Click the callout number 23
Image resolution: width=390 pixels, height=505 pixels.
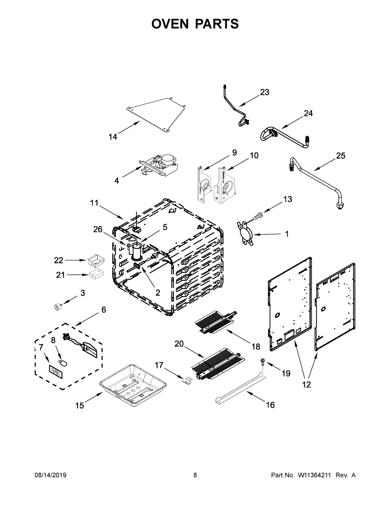[265, 92]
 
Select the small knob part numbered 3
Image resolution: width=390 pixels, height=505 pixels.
[58, 306]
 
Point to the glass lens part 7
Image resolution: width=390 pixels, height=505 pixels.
[54, 370]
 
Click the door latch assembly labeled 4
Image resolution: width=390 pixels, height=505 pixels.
[159, 166]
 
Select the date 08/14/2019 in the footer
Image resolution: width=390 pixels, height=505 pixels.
[50, 475]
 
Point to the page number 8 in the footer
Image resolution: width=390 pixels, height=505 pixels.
[195, 475]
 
